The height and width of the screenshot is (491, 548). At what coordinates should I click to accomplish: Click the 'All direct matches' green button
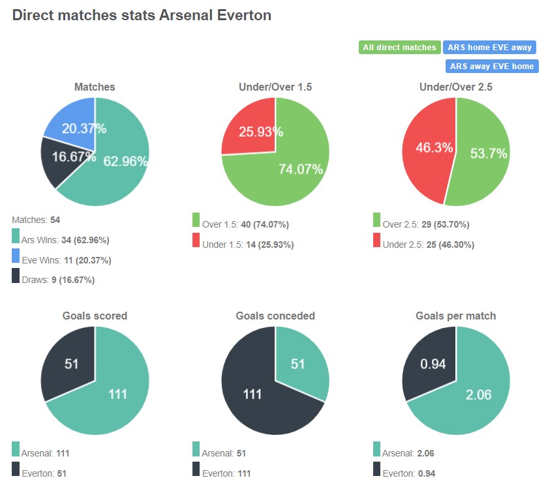[x=399, y=47]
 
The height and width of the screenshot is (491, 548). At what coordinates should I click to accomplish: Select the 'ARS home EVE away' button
[x=489, y=47]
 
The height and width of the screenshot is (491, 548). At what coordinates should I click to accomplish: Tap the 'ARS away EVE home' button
[x=491, y=66]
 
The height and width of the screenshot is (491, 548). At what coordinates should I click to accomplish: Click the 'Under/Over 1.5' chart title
[x=275, y=87]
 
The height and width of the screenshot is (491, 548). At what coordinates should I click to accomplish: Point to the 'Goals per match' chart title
[x=455, y=316]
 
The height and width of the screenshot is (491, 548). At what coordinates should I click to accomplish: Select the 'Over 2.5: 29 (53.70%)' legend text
[x=425, y=224]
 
